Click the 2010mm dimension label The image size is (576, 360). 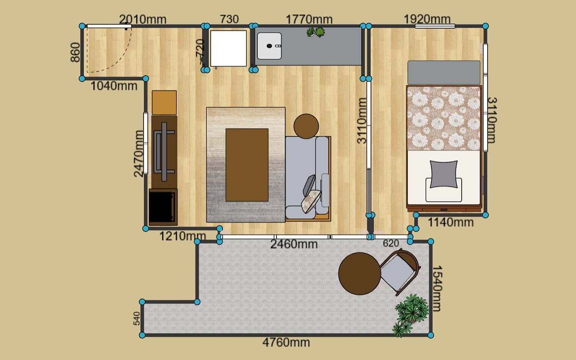[x=143, y=19]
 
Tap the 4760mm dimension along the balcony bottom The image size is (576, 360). [x=286, y=342]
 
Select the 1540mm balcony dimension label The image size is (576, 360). [x=437, y=288]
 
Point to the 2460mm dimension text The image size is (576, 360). [x=294, y=244]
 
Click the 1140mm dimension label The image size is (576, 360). [x=451, y=222]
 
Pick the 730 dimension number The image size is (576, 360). [x=230, y=19]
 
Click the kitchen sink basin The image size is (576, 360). [x=269, y=46]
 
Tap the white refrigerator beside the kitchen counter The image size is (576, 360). [x=228, y=49]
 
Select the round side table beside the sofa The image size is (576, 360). [x=306, y=126]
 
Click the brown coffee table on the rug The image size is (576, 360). [x=247, y=165]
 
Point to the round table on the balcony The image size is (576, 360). [x=360, y=274]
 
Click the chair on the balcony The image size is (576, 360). [x=399, y=272]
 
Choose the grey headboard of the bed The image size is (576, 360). [x=444, y=72]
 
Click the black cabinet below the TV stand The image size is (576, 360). [x=163, y=207]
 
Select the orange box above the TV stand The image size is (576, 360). [x=164, y=102]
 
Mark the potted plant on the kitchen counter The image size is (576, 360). [x=316, y=32]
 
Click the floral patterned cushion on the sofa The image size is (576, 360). [x=311, y=202]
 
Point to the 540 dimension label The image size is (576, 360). [x=137, y=318]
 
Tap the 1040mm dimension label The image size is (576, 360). [x=114, y=86]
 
